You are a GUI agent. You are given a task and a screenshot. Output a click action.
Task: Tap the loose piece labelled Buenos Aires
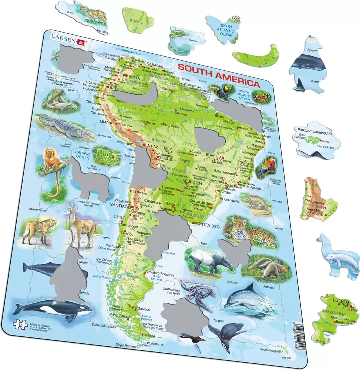pos(335,318)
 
